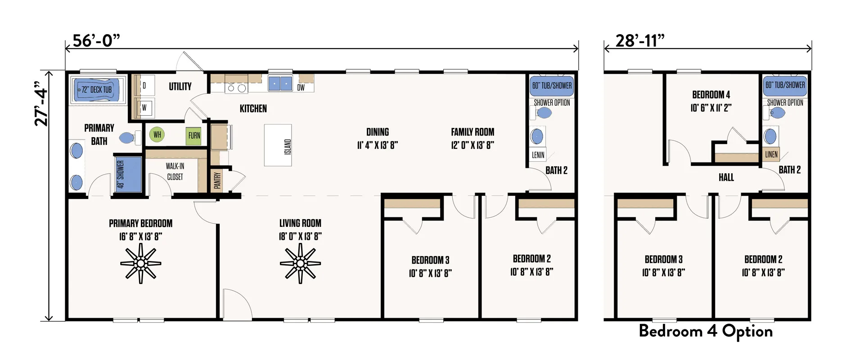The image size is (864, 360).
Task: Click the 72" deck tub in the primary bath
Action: point(97,90)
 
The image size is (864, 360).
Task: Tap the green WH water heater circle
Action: point(157,134)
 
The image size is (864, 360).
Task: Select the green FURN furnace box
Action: point(194,135)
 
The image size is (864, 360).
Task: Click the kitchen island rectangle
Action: point(278,145)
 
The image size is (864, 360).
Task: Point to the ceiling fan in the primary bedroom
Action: point(141,263)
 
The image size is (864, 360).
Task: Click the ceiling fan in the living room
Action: point(300,263)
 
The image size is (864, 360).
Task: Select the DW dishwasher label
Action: point(301,88)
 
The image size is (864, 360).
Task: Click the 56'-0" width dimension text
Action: point(96,40)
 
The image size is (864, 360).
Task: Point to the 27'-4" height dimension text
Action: point(41,103)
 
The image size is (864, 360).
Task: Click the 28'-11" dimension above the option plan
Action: point(639,40)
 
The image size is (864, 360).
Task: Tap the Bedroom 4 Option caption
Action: point(706,331)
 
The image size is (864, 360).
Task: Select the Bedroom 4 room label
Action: point(711,94)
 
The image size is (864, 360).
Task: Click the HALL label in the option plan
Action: point(726,177)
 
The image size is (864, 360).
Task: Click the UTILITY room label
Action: point(180,86)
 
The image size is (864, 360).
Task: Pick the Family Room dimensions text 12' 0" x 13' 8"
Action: point(472,145)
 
